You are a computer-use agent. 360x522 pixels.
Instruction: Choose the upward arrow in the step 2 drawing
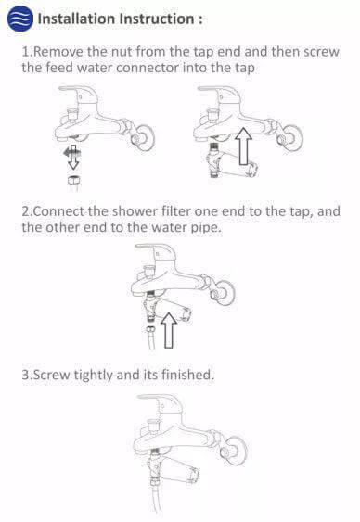click(169, 331)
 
